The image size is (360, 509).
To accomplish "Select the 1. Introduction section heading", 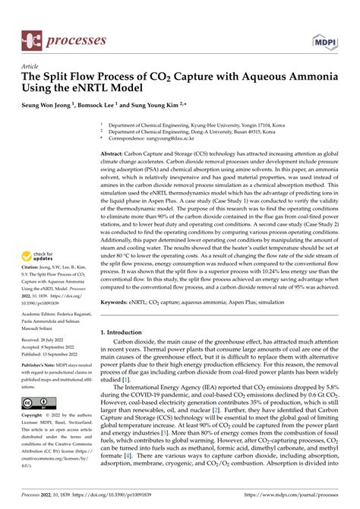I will [126, 334].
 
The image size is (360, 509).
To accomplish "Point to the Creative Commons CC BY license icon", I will [36, 402].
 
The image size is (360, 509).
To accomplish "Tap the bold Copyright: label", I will [34, 416].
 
